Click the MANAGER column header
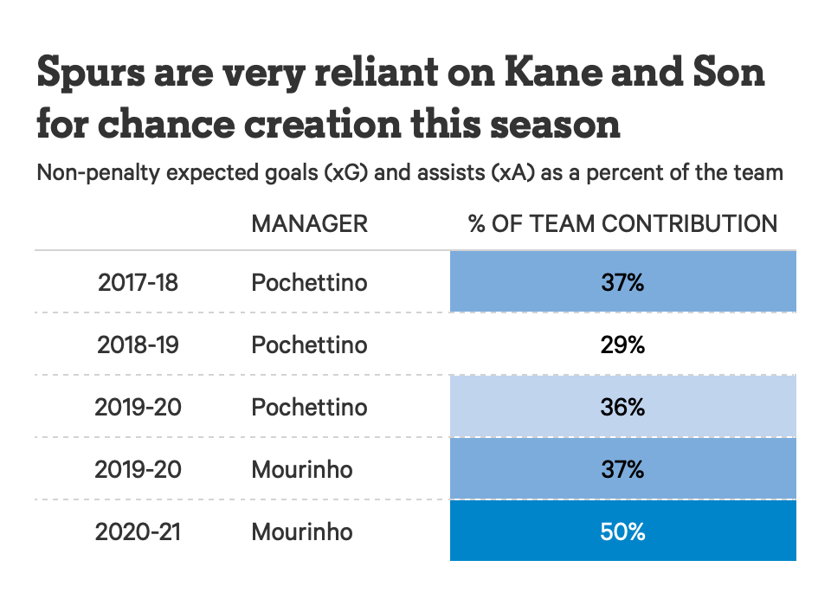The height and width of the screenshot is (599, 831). (309, 223)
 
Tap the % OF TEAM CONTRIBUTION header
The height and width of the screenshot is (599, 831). (622, 223)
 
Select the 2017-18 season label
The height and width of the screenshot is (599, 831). (138, 282)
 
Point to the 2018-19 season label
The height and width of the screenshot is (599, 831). (138, 345)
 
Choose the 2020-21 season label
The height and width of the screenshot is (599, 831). (138, 531)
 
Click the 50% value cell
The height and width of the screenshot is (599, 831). (623, 531)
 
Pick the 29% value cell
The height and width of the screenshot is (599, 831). (623, 345)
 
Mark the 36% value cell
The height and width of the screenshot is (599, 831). (623, 407)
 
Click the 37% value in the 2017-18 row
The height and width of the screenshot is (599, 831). (623, 282)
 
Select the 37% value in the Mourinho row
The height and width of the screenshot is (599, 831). (623, 469)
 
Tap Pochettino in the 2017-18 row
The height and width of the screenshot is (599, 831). (309, 282)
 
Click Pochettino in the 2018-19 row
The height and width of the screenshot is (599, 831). (309, 345)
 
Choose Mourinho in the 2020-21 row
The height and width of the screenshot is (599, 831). (302, 531)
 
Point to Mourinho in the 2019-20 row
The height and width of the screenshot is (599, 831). (302, 469)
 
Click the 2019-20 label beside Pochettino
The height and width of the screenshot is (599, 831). (138, 407)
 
